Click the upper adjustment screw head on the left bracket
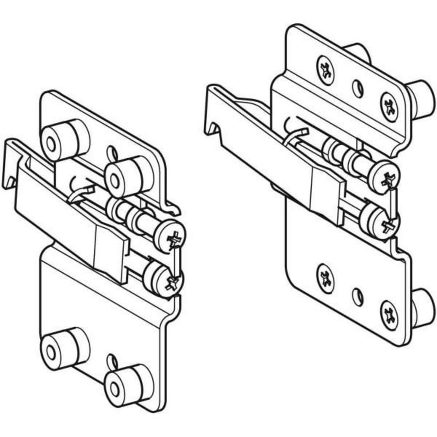pos(169,237)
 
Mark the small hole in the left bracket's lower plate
pos(112,362)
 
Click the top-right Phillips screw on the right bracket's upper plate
pos(389,105)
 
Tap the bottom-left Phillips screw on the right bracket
pos(325,278)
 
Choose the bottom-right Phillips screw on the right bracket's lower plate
pos(389,315)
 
